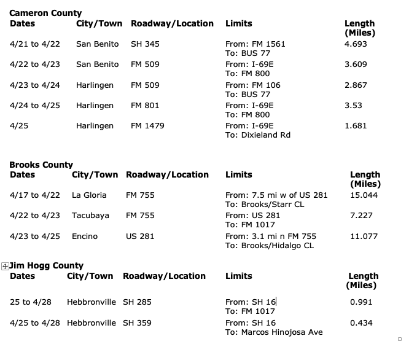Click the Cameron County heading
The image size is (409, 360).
click(45, 13)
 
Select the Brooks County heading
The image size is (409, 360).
click(41, 165)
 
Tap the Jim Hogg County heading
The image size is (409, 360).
click(47, 266)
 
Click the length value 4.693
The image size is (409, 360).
click(356, 44)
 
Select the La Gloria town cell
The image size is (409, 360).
click(89, 195)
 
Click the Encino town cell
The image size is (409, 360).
click(85, 237)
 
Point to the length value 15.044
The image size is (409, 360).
click(364, 195)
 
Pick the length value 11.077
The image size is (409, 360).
click(364, 237)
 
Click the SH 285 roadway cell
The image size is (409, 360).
click(137, 302)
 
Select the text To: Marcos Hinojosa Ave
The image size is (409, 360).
click(274, 332)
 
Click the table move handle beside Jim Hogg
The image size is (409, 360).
click(5, 266)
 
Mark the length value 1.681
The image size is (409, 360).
click(356, 126)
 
